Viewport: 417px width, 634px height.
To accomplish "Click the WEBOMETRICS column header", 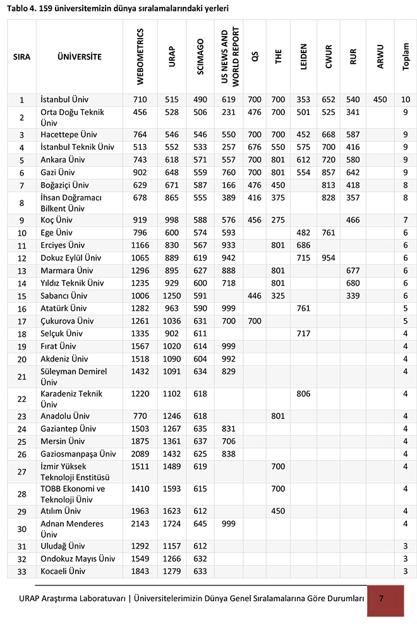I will point(140,57).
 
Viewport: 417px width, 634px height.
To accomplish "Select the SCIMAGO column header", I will point(200,57).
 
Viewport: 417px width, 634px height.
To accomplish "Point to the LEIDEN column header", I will point(304,57).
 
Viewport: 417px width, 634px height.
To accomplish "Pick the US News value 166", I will point(228,185).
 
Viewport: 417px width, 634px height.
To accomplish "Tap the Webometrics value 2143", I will point(140,524).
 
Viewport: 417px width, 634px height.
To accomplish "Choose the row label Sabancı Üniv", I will point(63,296).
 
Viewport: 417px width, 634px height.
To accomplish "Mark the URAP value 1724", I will point(172,524).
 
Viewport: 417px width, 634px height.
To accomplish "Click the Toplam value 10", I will point(405,100).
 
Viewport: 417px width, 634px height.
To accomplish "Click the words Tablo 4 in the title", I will point(23,9).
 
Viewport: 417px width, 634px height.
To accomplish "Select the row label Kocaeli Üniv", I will point(62,571).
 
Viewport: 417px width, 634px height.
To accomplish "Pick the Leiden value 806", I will point(304,393).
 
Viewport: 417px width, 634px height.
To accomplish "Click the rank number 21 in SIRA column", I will point(21,377).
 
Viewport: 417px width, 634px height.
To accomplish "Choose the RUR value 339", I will point(353,296).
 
